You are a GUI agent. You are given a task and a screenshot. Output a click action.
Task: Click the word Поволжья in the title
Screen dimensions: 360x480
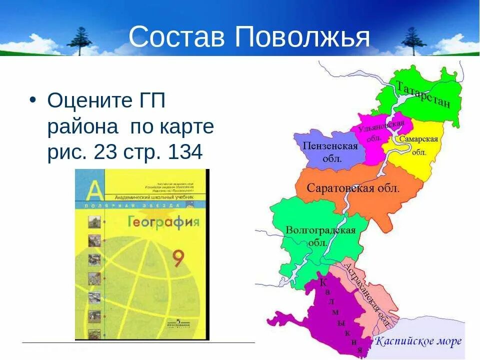tap(302, 38)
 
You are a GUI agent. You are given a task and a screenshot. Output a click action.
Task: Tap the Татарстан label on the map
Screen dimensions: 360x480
tap(423, 94)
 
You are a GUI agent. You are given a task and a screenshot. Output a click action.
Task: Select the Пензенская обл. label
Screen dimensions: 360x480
tap(330, 151)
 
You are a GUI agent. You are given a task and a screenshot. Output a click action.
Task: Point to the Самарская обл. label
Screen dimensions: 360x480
tap(418, 145)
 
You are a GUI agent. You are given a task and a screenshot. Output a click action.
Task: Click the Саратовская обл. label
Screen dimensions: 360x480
tap(353, 188)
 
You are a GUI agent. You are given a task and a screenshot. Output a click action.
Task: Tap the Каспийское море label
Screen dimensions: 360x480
tap(418, 342)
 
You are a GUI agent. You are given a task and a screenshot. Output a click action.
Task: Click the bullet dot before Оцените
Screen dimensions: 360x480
tap(33, 99)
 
